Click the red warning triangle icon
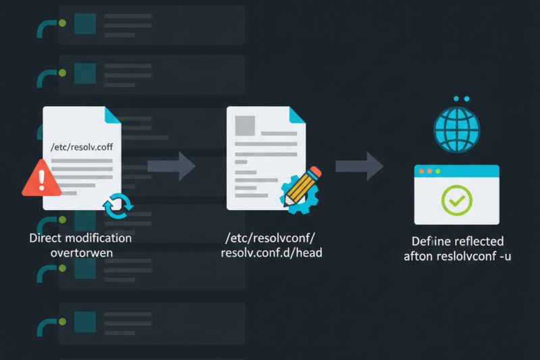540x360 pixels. click(42, 178)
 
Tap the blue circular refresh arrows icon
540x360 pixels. click(117, 205)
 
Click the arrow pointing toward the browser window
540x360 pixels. click(360, 166)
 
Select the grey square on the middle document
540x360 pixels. click(244, 126)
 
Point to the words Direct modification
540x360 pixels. click(80, 238)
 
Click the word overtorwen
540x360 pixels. click(81, 253)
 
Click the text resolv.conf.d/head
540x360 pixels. click(272, 253)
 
